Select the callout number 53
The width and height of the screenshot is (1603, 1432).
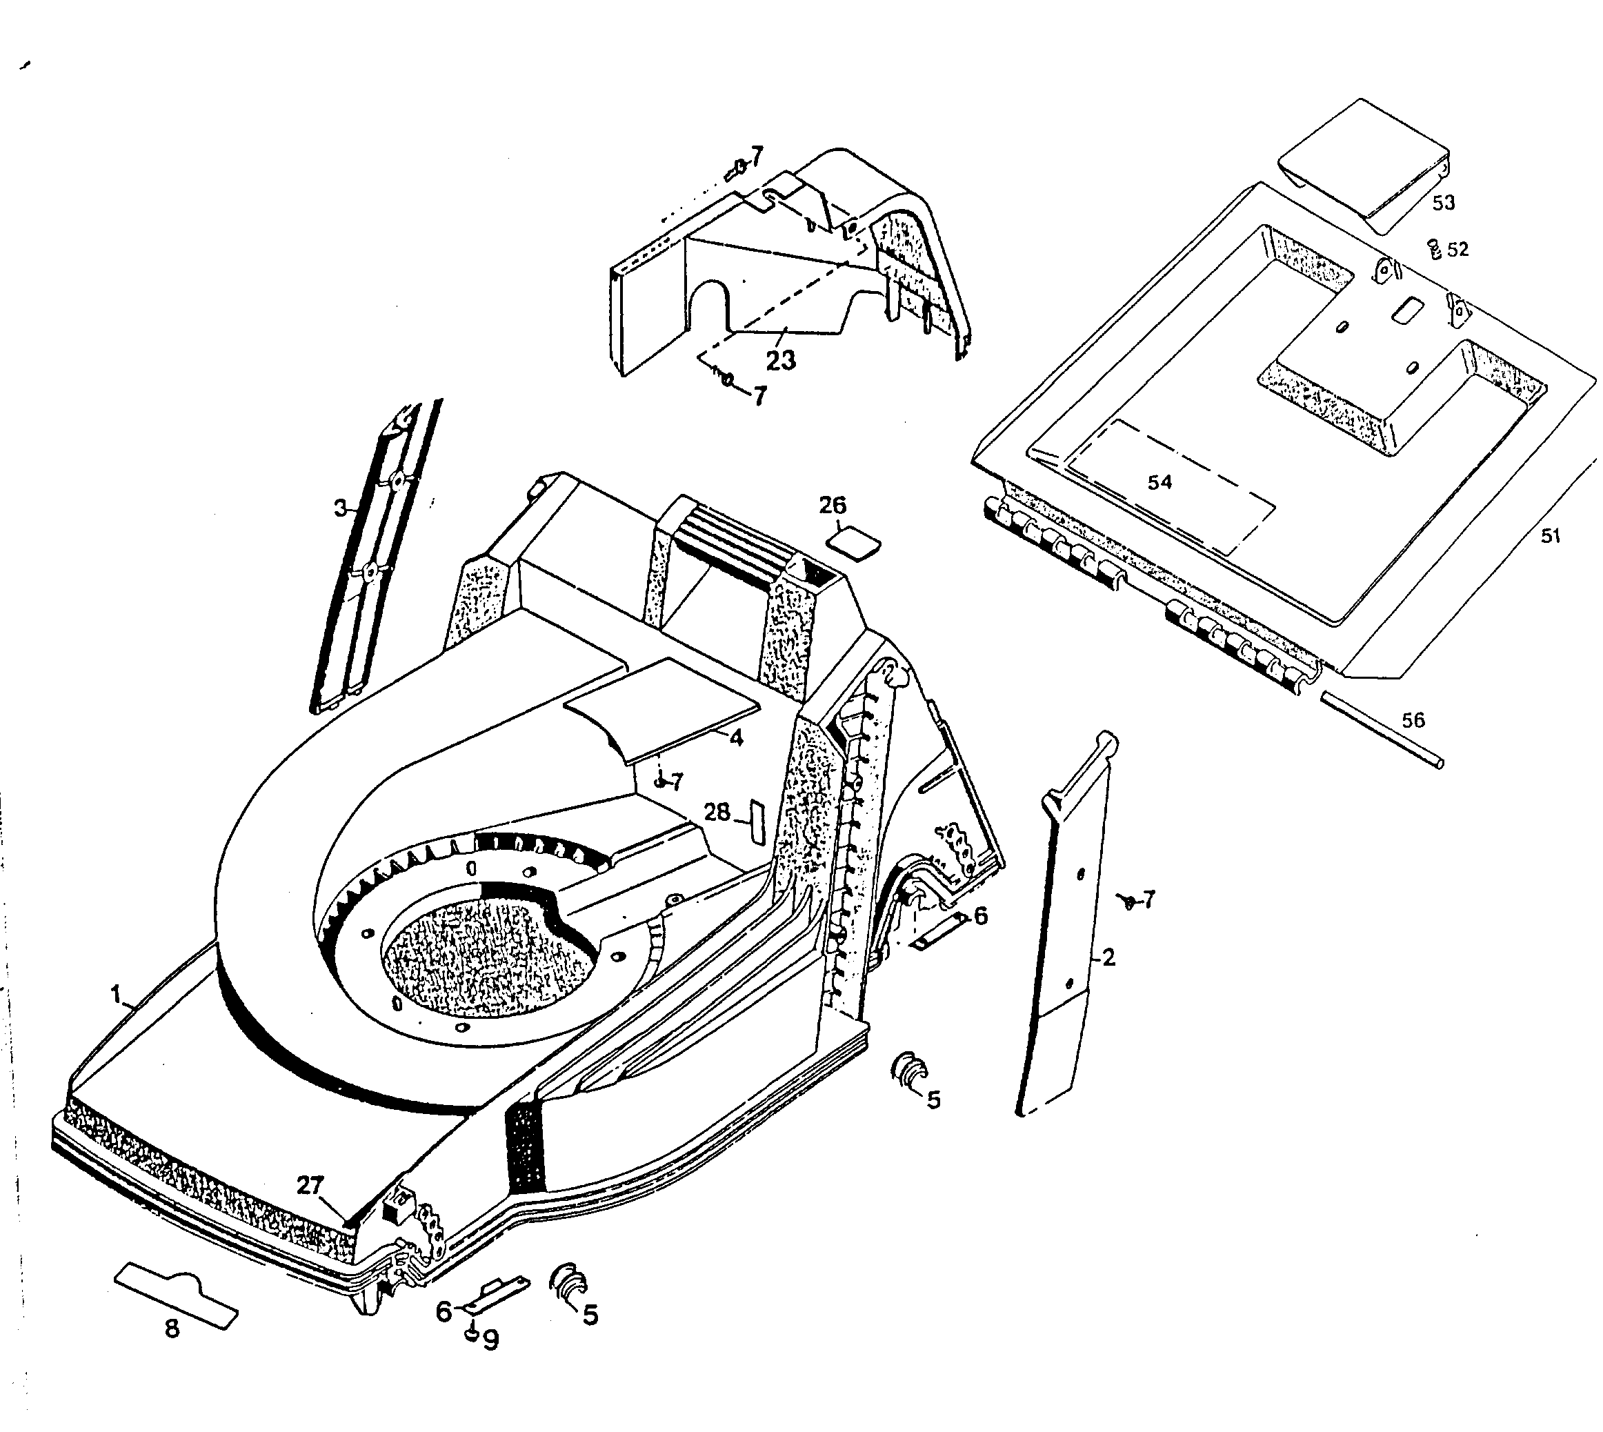(1443, 202)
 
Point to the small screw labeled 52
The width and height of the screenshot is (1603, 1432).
(1434, 250)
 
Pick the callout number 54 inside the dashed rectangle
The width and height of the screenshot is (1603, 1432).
(1159, 482)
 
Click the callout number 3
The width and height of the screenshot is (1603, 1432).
(340, 508)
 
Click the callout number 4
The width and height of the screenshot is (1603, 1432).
(737, 738)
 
